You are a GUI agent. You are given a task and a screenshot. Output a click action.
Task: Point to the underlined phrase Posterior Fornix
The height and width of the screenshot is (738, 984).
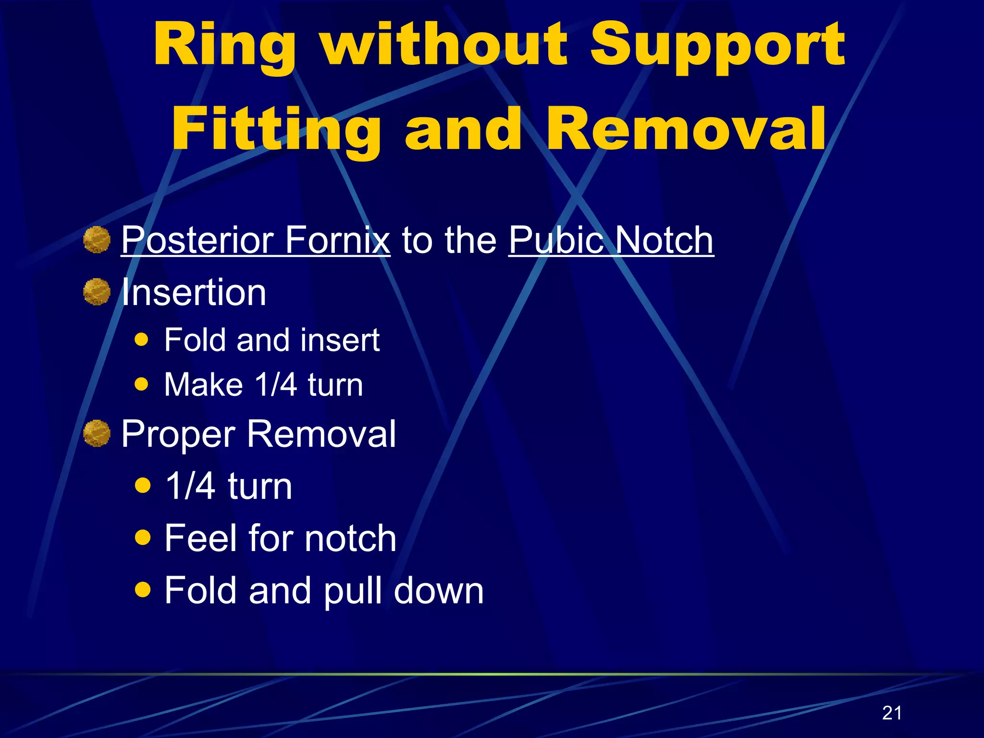pos(255,240)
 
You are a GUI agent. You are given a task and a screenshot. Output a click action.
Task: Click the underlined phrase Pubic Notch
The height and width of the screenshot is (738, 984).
pos(611,240)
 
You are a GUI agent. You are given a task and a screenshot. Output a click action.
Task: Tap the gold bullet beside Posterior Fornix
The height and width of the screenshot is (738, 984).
pos(97,240)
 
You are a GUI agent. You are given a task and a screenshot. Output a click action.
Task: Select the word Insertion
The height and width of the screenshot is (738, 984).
pos(194,292)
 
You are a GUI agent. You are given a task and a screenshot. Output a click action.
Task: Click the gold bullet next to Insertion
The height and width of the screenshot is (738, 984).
pos(97,292)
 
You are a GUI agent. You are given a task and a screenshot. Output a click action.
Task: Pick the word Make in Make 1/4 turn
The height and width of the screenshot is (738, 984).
pos(203,385)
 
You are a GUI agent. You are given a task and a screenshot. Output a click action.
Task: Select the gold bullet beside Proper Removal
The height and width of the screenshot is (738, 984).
pos(97,433)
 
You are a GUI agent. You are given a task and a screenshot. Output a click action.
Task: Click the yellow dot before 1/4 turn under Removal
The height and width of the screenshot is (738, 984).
pos(143,485)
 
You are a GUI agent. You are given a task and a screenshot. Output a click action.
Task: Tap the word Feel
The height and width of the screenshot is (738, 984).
pos(200,538)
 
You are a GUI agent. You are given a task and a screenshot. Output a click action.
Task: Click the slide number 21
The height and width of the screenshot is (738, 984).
pos(892,713)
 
